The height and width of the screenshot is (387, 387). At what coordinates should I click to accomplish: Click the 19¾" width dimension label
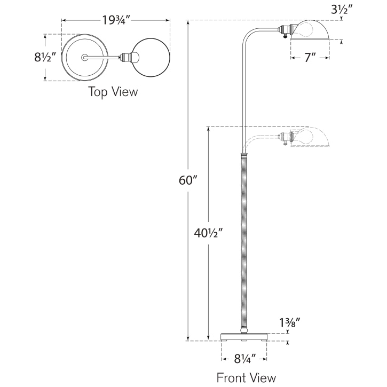pos(116,21)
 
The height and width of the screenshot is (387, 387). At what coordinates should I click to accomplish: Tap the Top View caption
pos(113,92)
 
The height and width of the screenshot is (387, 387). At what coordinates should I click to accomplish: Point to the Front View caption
pos(246,377)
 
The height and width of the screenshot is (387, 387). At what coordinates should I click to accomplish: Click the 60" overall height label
pos(188,180)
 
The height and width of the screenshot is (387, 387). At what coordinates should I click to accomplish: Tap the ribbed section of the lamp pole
pos(244,240)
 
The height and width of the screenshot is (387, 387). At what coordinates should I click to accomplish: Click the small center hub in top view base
pos(85,57)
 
